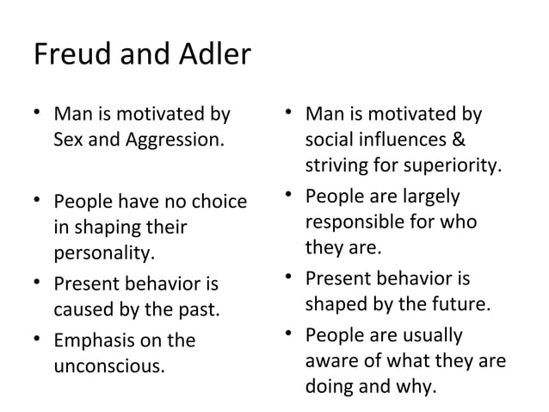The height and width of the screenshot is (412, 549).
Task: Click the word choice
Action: [x=219, y=205]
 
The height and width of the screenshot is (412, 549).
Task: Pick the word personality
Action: [x=105, y=255]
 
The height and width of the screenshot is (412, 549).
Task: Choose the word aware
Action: [x=329, y=363]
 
